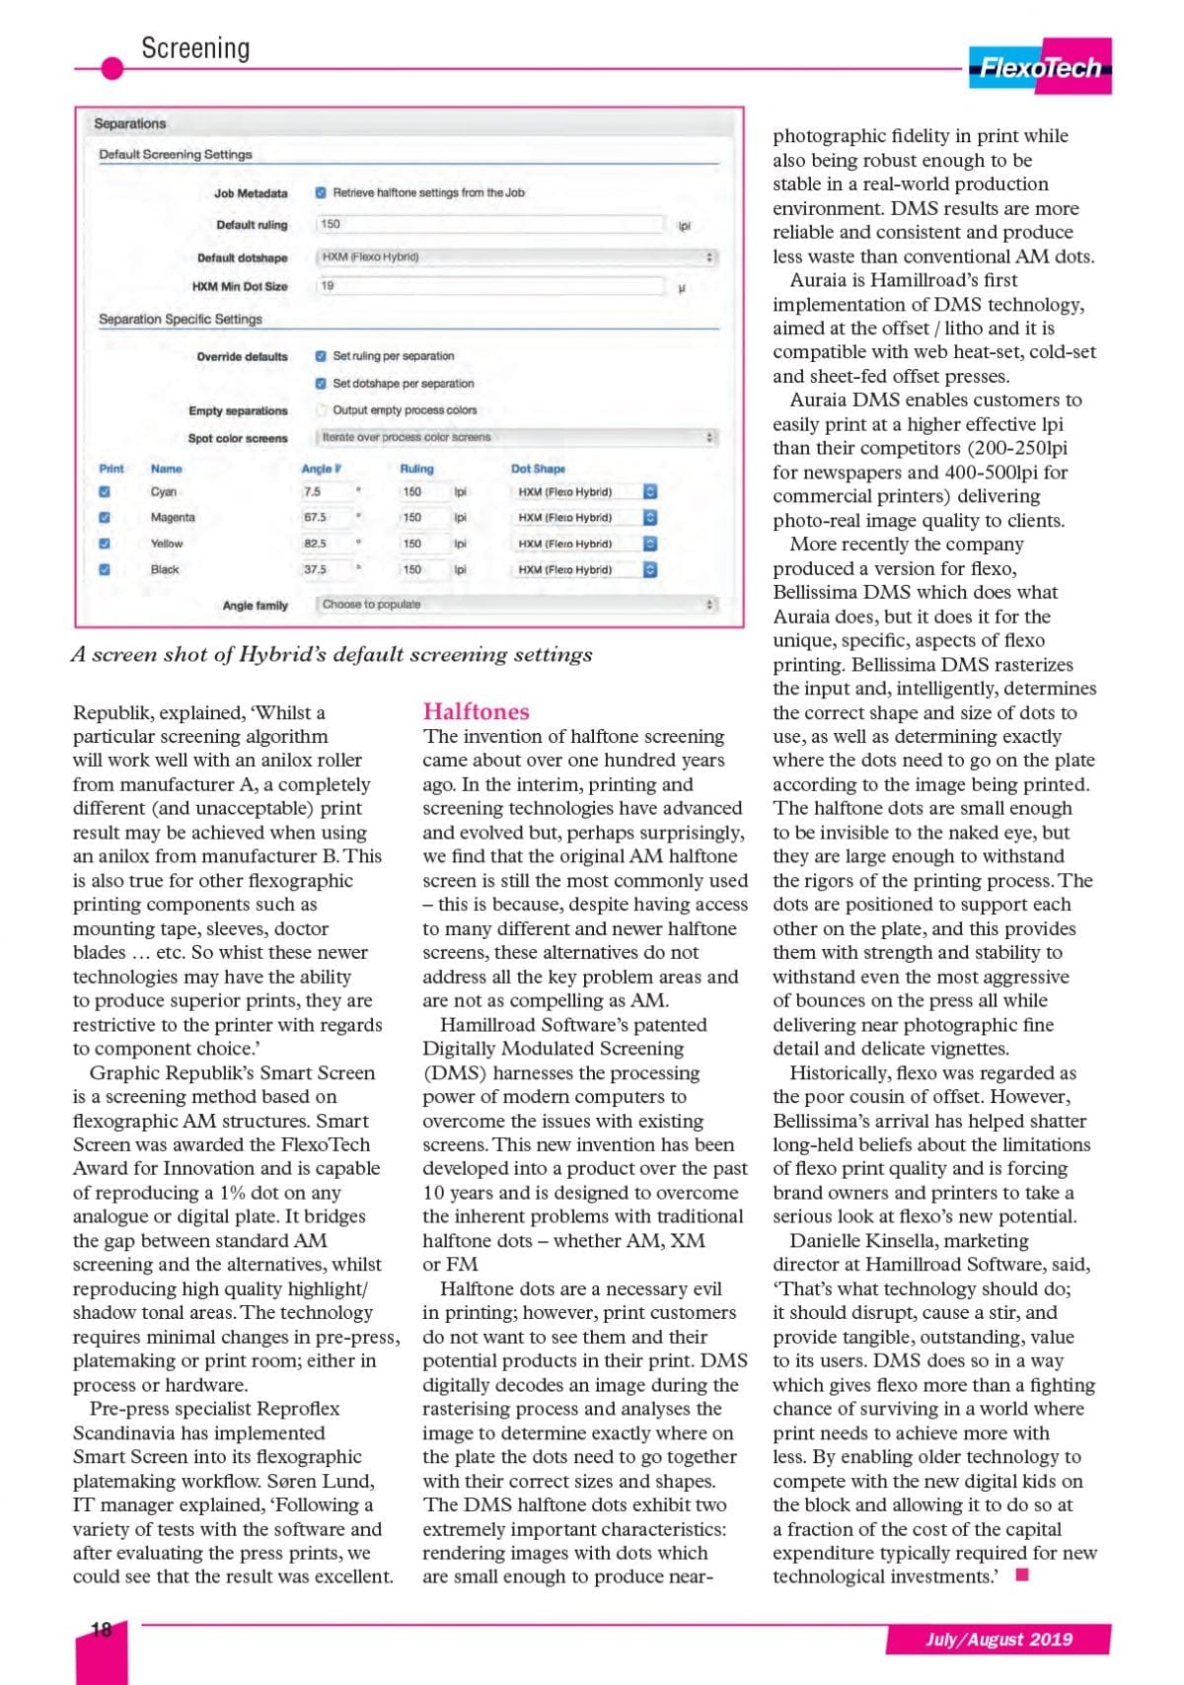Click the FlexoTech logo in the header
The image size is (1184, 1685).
[1040, 67]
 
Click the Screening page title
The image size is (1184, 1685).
[195, 48]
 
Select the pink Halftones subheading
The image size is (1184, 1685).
[476, 711]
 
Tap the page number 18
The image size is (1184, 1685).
[101, 1630]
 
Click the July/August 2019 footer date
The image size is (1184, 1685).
[999, 1640]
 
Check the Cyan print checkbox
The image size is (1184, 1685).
[106, 492]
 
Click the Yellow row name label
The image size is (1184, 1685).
[167, 544]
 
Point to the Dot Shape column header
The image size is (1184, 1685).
[538, 469]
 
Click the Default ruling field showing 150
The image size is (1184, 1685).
[489, 225]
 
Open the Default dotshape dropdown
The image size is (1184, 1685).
[516, 257]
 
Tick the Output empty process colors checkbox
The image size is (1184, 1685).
[322, 410]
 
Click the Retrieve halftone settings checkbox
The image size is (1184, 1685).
[322, 193]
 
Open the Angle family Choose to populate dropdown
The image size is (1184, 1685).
[516, 605]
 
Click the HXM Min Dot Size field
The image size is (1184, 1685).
[489, 286]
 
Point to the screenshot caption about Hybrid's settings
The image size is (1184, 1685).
[332, 655]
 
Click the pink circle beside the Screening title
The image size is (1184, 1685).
[112, 68]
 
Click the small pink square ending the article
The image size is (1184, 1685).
[1022, 1575]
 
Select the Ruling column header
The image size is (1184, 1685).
[416, 469]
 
